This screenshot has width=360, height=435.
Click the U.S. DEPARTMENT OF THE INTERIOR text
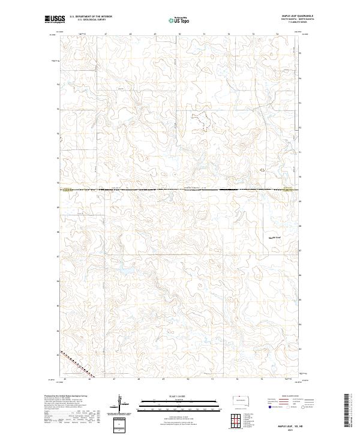click(x=91, y=17)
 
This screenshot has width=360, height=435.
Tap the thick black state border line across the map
click(x=180, y=190)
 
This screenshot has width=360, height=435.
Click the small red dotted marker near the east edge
click(x=261, y=170)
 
